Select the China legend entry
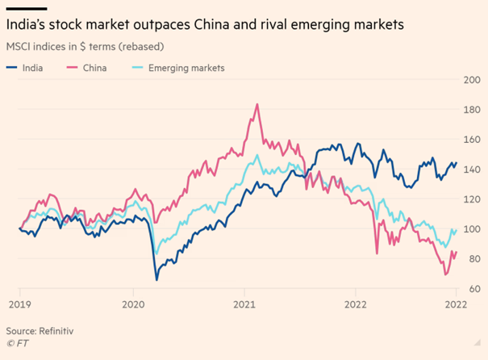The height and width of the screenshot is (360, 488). pyautogui.click(x=95, y=68)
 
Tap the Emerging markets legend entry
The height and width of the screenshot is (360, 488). pyautogui.click(x=186, y=68)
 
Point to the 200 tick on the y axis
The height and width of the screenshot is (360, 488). pyautogui.click(x=470, y=80)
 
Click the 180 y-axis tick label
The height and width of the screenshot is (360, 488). pyautogui.click(x=470, y=110)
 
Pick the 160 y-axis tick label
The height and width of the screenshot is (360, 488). pyautogui.click(x=470, y=140)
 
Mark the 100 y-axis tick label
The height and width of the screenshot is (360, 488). pyautogui.click(x=470, y=229)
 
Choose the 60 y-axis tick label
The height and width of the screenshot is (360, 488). pyautogui.click(x=472, y=288)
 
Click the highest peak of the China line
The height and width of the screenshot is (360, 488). pyautogui.click(x=257, y=104)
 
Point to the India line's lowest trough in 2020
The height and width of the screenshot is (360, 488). pyautogui.click(x=156, y=279)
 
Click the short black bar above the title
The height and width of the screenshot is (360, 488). pyautogui.click(x=21, y=8)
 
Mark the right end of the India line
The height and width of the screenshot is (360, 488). pyautogui.click(x=456, y=163)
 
